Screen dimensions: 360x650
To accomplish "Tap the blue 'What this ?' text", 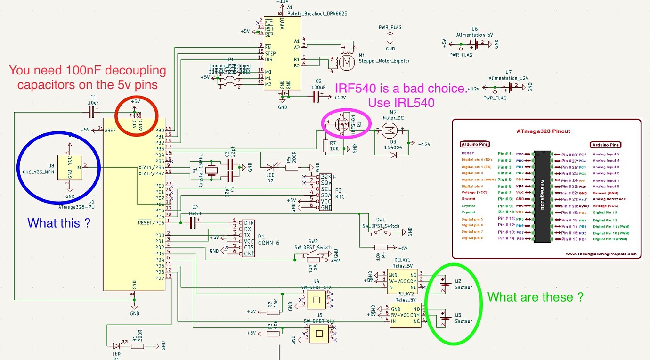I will tap(59, 223).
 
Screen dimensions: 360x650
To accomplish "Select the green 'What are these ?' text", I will tap(535, 297).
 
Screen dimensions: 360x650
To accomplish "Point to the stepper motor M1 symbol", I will tap(347, 62).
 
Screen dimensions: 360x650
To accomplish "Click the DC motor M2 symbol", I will tap(389, 130).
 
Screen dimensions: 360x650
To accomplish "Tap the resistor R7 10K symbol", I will tap(326, 146).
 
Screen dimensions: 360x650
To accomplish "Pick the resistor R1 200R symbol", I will tap(137, 346).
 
